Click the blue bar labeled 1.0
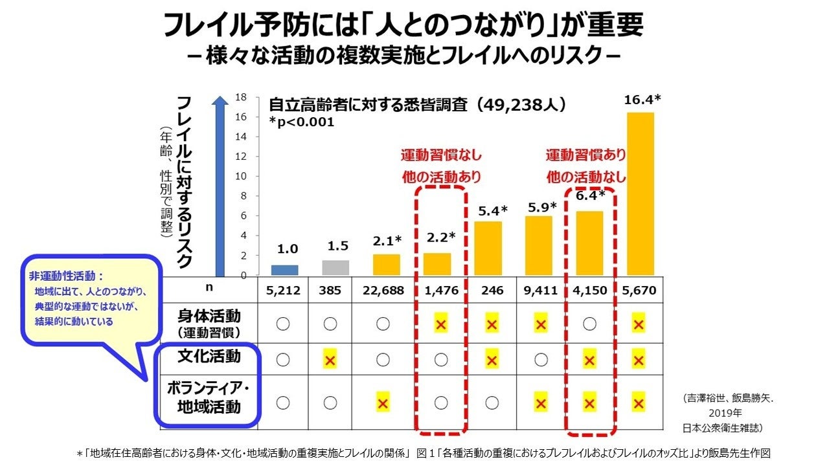[284, 270]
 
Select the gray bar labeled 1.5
[335, 267]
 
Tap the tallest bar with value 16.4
[640, 194]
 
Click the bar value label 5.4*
[492, 210]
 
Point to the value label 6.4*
[589, 195]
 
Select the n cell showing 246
[492, 291]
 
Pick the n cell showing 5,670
[639, 291]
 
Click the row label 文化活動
[209, 357]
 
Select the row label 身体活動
[209, 316]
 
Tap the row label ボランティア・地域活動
[209, 398]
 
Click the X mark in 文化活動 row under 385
[330, 360]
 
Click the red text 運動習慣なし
[440, 155]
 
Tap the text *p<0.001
[302, 122]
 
